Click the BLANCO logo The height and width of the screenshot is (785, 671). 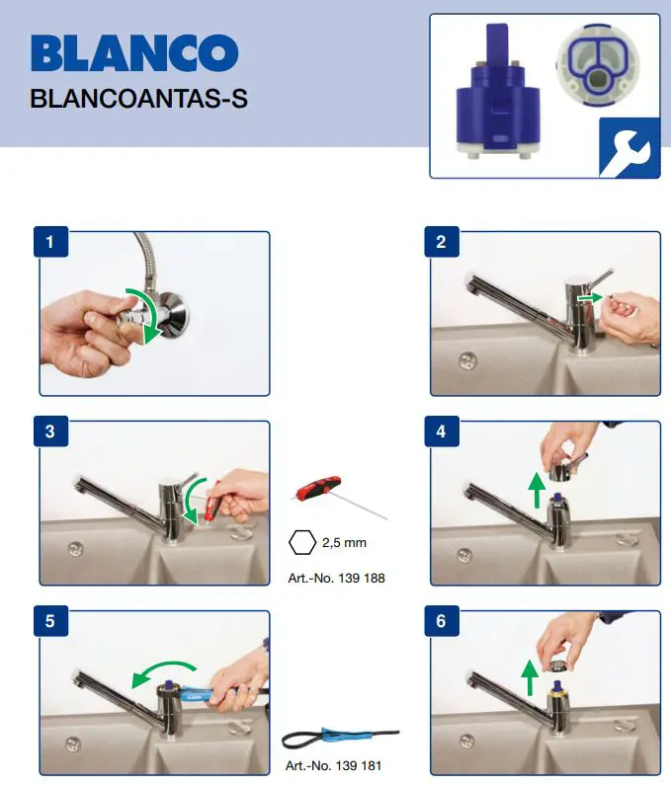tap(134, 53)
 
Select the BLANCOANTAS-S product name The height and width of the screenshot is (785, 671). tap(137, 100)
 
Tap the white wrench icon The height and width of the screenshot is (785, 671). tap(629, 147)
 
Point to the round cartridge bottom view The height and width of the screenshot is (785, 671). tap(595, 71)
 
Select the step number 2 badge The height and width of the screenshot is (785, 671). tap(441, 242)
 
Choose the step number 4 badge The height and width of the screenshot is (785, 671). tap(441, 432)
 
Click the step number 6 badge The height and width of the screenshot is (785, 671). tap(441, 621)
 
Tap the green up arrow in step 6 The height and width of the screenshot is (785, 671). tap(530, 677)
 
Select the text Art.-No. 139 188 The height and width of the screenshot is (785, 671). tap(334, 578)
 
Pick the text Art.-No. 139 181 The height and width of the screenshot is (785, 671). tap(334, 765)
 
